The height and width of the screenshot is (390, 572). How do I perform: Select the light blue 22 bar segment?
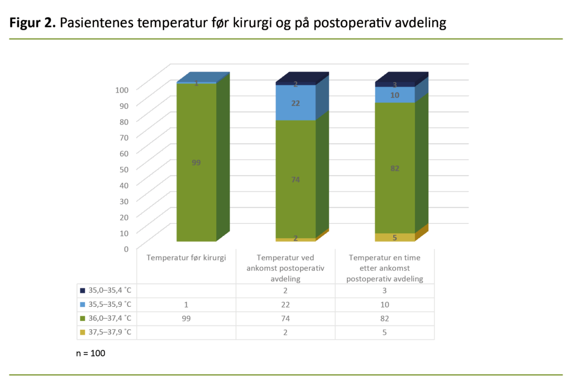[x=295, y=103]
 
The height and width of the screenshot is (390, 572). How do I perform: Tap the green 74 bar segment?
[x=295, y=179]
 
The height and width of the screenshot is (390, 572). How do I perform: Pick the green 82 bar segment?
[x=395, y=168]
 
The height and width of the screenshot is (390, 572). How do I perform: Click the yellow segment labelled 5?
[x=395, y=238]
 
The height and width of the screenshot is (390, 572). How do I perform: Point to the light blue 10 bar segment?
[x=395, y=95]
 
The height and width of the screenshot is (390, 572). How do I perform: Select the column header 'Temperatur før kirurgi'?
[x=187, y=258]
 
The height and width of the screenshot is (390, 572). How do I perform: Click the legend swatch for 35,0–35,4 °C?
[x=82, y=291]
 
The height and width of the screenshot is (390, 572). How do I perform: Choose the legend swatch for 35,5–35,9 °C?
[x=82, y=305]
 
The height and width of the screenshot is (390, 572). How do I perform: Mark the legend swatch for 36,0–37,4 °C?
[x=82, y=319]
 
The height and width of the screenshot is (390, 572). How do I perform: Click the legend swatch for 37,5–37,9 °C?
[x=82, y=333]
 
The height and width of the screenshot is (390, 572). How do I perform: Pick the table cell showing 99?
[x=187, y=319]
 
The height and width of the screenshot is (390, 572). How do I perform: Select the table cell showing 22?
[x=285, y=305]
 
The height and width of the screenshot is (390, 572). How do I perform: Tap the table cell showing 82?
[x=385, y=319]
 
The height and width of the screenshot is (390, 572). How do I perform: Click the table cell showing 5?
[x=385, y=333]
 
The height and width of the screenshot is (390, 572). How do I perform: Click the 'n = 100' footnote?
[x=90, y=354]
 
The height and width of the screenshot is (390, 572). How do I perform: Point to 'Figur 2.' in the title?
[x=32, y=23]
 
